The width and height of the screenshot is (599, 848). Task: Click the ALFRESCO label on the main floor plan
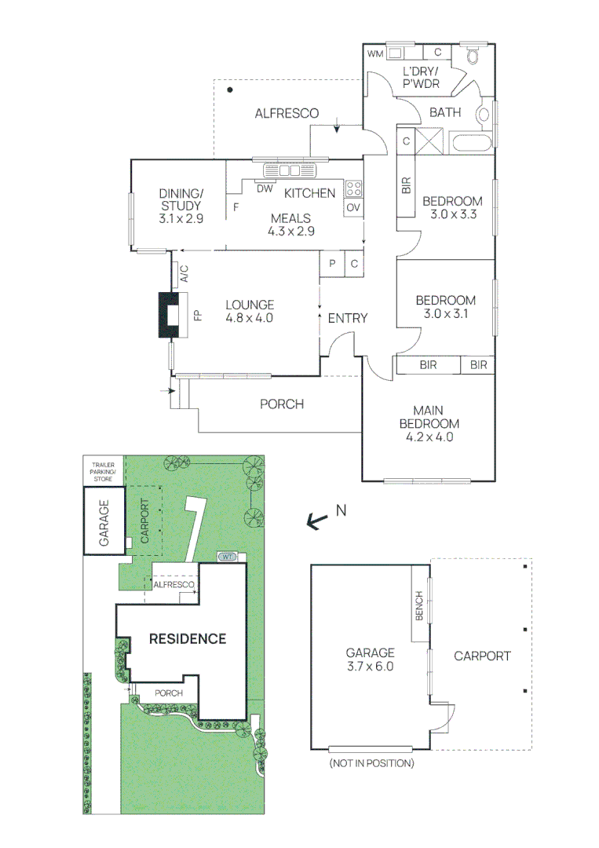[287, 113]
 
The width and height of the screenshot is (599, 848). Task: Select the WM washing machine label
[376, 53]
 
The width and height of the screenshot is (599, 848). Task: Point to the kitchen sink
[290, 170]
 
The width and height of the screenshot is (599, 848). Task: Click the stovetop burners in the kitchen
[353, 188]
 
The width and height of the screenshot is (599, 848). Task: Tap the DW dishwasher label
[264, 188]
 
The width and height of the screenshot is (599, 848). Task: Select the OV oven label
[353, 207]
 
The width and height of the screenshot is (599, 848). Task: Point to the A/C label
[184, 274]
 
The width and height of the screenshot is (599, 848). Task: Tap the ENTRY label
[347, 318]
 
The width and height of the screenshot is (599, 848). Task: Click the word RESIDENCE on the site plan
[188, 638]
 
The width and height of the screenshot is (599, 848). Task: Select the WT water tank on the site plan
[228, 557]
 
